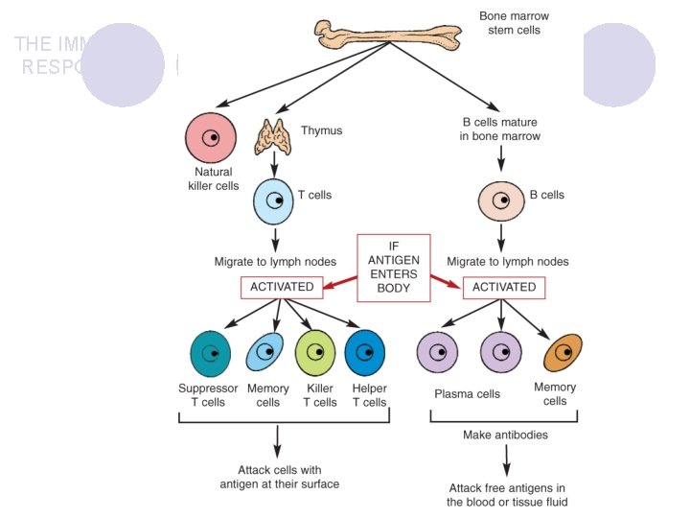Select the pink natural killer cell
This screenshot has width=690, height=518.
tap(210, 138)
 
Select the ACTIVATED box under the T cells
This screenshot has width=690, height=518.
tap(282, 287)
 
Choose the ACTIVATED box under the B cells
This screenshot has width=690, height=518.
tap(504, 287)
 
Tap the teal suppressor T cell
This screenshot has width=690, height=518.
tap(211, 353)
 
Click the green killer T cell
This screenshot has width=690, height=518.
tap(316, 353)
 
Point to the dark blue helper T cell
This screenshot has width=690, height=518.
tap(365, 353)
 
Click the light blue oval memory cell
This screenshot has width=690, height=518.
tap(265, 353)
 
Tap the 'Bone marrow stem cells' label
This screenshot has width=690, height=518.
tap(514, 23)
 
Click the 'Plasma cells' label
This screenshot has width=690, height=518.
tap(467, 394)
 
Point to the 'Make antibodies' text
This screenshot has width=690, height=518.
tap(505, 435)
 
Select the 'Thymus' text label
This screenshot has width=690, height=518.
tap(322, 130)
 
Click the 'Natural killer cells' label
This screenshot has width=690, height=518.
tap(213, 179)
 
